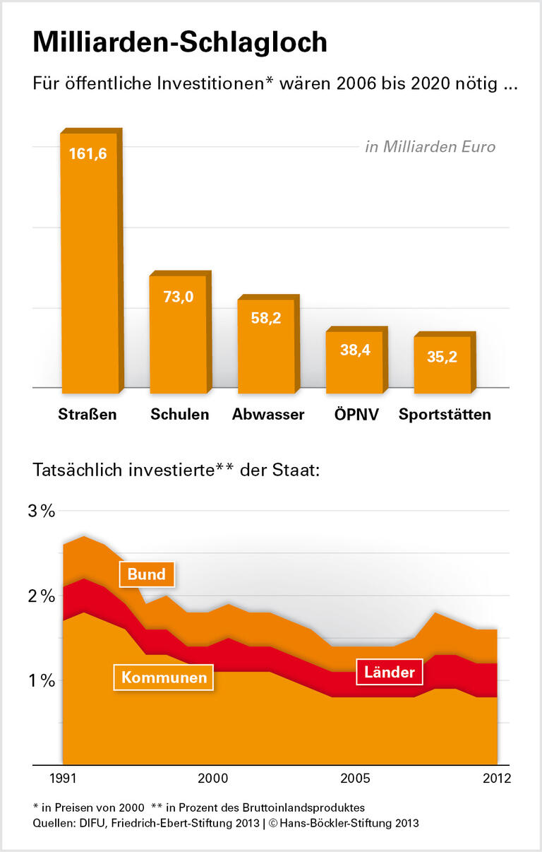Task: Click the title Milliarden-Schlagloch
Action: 180,42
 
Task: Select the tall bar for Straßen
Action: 90,268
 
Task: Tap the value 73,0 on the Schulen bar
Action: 178,297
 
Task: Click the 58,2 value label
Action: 266,318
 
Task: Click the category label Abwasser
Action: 268,415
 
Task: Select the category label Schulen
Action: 179,415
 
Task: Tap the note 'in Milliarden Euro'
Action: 430,147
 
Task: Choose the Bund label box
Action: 147,574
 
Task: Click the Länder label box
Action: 389,672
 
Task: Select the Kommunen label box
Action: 164,678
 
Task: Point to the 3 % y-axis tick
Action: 42,511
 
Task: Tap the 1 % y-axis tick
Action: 42,681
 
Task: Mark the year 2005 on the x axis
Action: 356,779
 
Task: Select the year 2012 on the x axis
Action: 496,779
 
